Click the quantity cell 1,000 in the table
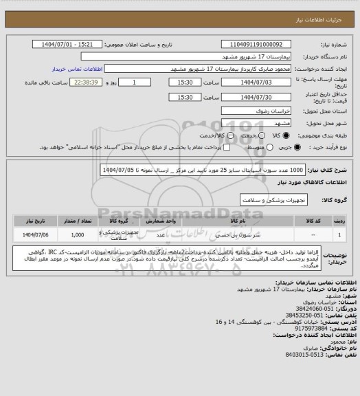[77, 235]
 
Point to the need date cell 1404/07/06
[30, 235]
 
